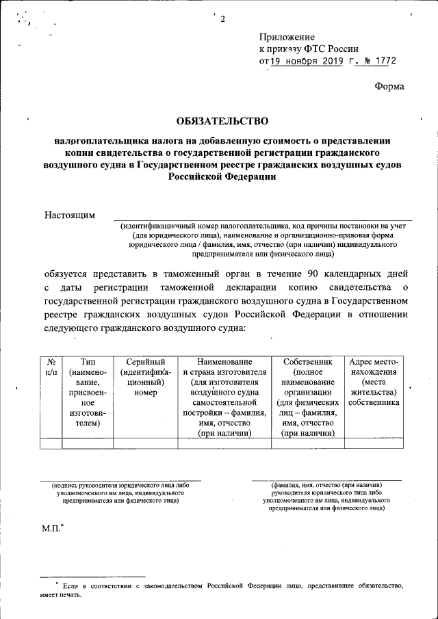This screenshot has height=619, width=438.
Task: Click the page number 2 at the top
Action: tap(222, 18)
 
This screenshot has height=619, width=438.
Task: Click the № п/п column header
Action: tap(51, 367)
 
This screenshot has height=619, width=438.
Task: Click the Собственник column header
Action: tap(307, 397)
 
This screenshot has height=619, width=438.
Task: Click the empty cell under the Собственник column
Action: tap(307, 443)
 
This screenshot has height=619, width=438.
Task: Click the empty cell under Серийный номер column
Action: tap(145, 443)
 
